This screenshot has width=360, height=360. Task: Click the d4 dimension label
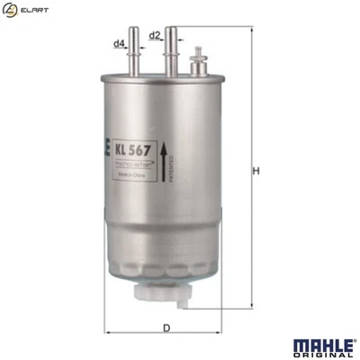click(x=118, y=42)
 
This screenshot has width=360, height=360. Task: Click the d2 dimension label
click(x=155, y=36)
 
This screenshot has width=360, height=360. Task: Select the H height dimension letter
click(x=256, y=171)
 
